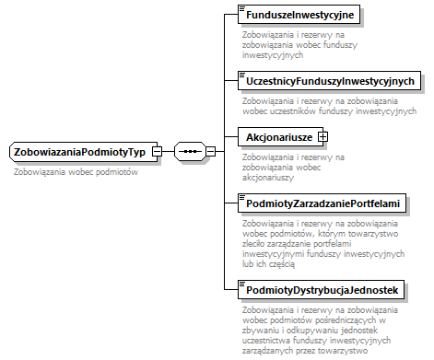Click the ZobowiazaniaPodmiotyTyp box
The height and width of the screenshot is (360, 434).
click(79, 151)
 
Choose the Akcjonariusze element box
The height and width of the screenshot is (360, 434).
click(276, 136)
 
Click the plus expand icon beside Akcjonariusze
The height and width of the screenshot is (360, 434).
click(323, 136)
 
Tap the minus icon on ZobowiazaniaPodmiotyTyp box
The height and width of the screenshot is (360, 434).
click(158, 151)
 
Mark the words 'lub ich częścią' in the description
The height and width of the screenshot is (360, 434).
click(267, 263)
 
